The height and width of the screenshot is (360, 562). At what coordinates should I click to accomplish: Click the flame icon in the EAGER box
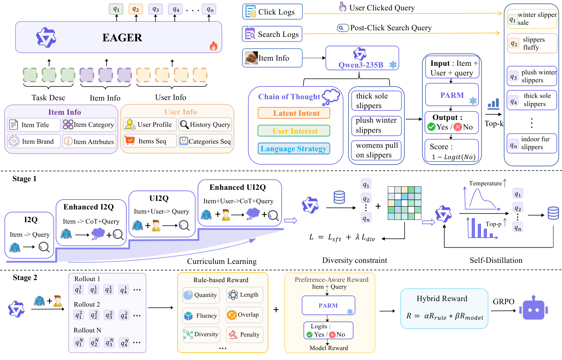click(213, 46)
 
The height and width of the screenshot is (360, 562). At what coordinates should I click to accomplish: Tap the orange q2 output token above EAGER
click(136, 9)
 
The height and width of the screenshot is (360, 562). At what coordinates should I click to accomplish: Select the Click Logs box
click(272, 11)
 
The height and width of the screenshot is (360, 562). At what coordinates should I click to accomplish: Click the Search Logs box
click(272, 34)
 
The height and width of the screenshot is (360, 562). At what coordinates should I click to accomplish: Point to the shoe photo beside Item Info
click(251, 58)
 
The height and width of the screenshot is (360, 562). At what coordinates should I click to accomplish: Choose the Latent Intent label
click(294, 113)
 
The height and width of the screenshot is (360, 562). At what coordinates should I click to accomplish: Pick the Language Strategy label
click(294, 148)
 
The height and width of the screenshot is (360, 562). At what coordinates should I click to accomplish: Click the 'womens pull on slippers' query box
click(377, 150)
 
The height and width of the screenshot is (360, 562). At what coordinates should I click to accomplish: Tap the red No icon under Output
click(458, 127)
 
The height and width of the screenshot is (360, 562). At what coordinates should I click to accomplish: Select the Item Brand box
click(34, 141)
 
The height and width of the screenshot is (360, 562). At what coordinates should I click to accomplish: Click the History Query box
click(205, 124)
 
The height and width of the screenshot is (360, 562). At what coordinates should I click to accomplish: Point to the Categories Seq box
click(205, 141)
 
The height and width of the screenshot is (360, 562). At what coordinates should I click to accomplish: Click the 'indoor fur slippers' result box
click(532, 143)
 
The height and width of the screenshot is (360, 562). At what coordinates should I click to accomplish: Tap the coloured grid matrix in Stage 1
click(404, 203)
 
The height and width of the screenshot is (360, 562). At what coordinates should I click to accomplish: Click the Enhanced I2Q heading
click(89, 207)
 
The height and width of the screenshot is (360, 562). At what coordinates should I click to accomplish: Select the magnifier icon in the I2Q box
click(44, 247)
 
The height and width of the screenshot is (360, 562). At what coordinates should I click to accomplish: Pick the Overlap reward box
click(244, 315)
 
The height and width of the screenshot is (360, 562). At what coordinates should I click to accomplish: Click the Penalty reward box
click(245, 335)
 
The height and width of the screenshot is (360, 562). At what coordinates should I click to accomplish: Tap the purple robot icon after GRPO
click(533, 308)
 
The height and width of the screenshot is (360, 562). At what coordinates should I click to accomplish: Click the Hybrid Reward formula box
click(444, 308)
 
